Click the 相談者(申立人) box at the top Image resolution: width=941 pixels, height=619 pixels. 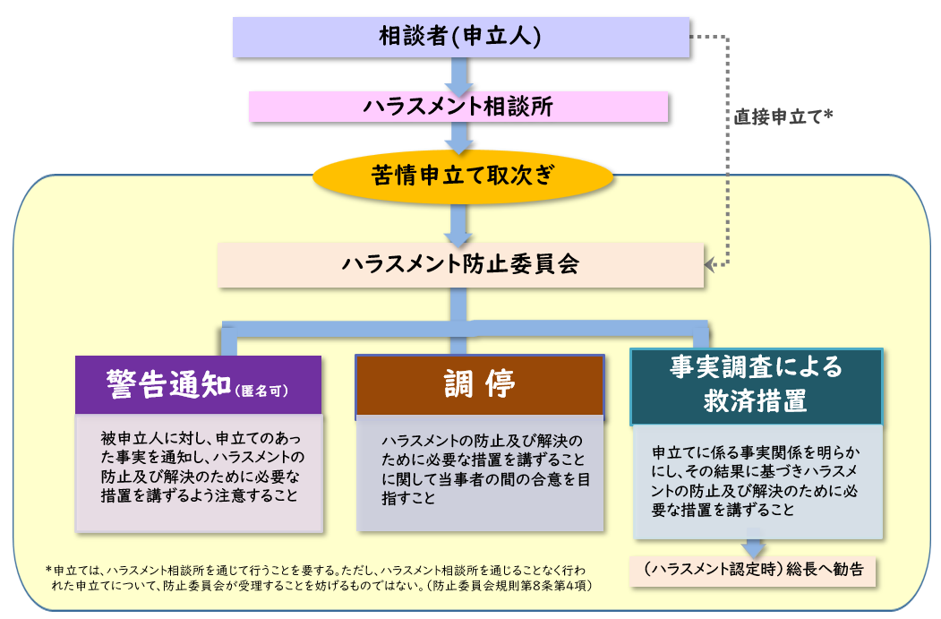460,37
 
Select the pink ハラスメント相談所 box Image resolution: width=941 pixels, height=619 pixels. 458,107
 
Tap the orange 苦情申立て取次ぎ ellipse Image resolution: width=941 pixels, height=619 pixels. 462,176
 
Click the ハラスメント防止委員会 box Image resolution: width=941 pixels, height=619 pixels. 460,265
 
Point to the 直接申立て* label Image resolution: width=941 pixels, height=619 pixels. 784,116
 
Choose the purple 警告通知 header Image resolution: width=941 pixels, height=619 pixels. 198,384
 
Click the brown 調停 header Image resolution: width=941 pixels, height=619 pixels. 480,384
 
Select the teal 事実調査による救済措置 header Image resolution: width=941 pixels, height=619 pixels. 757,385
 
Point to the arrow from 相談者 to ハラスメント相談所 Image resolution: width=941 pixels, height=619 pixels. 460,75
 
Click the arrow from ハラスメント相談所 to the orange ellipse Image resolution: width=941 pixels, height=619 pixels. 460,136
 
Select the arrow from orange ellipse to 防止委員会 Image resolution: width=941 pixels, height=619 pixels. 460,224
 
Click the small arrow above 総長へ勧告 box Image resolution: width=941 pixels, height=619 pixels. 753,546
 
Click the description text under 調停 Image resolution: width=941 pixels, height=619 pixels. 480,470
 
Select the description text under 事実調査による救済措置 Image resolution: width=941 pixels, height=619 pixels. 757,481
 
